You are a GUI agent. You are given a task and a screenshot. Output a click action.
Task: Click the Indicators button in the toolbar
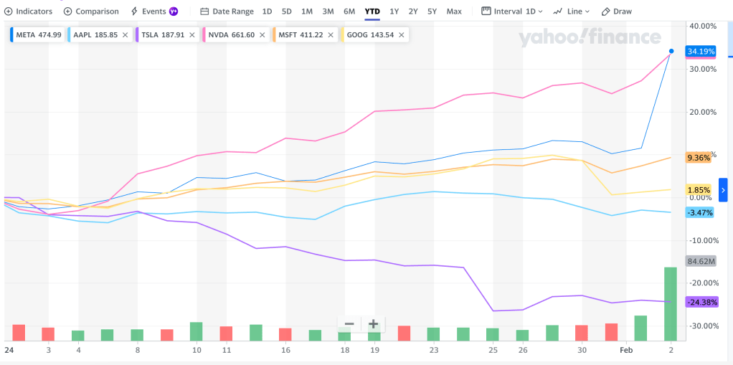pyautogui.click(x=29, y=11)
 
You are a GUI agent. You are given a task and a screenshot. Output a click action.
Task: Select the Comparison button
pyautogui.click(x=91, y=11)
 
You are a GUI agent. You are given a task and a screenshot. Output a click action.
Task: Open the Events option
pyautogui.click(x=153, y=11)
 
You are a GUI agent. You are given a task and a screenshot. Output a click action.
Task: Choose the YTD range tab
pyautogui.click(x=372, y=11)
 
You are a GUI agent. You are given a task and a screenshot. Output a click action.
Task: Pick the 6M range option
pyautogui.click(x=349, y=11)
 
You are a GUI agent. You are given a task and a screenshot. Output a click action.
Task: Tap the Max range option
pyautogui.click(x=454, y=11)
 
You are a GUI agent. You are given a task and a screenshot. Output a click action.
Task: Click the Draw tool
pyautogui.click(x=617, y=11)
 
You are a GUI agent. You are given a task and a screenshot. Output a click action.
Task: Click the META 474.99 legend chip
pyautogui.click(x=37, y=34)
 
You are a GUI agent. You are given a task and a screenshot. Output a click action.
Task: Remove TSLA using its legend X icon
pyautogui.click(x=192, y=34)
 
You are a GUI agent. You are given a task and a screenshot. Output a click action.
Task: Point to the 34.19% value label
pyautogui.click(x=699, y=52)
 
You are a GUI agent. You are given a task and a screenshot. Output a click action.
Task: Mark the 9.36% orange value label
pyautogui.click(x=699, y=158)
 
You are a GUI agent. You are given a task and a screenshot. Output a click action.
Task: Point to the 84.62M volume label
pyautogui.click(x=700, y=261)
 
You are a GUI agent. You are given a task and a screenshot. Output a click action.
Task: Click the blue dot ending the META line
pyautogui.click(x=671, y=51)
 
